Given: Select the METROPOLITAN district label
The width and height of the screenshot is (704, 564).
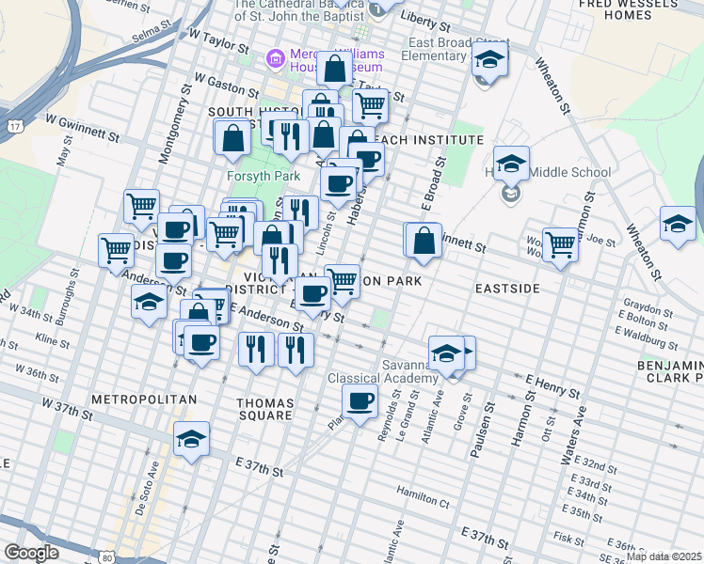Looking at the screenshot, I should click(x=144, y=399).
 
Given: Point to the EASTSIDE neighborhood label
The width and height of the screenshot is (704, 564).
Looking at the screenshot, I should click(x=507, y=288).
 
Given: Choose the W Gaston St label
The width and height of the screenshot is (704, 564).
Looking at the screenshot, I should click(x=226, y=87).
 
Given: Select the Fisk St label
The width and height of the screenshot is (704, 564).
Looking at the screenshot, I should click(x=568, y=538).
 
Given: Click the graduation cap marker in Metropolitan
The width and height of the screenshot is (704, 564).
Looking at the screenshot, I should click(x=191, y=439).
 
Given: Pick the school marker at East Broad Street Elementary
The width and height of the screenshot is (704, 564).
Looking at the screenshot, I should click(x=488, y=61).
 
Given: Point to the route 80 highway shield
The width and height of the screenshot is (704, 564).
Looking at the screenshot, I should click(x=107, y=557).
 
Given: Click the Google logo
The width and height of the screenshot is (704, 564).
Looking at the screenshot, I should click(x=31, y=553).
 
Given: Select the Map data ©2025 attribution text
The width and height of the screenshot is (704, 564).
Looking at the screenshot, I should click(x=664, y=556).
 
